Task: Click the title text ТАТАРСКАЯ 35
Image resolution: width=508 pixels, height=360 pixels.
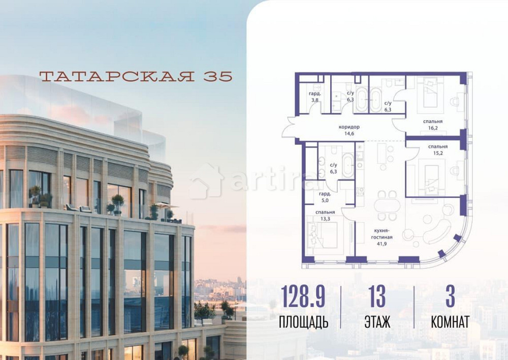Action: pos(136,76)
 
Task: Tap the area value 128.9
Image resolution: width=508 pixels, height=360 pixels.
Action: pos(304,297)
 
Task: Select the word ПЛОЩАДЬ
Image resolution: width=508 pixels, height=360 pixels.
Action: pos(304,322)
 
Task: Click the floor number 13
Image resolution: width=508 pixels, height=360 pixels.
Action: pos(377,297)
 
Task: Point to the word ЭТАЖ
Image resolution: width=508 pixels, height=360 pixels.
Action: pos(377,322)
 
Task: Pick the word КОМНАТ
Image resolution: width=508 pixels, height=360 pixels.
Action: pos(450,322)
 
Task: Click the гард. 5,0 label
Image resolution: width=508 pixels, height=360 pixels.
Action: pos(326,197)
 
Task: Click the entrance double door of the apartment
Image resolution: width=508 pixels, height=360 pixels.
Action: pos(290,128)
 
